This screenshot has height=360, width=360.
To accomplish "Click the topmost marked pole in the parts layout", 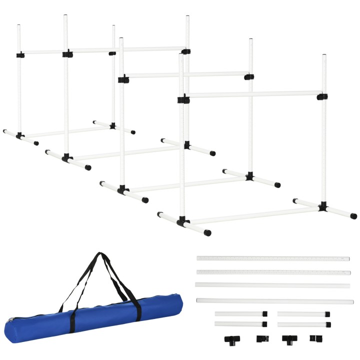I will tap(272, 258).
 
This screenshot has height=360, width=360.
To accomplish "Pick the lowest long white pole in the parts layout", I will tap(274, 301).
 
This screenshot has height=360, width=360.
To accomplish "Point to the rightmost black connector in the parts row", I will tap(314, 338).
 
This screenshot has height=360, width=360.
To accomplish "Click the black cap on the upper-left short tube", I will tap(264, 314).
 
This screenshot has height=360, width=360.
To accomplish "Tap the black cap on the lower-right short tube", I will tap(328, 324).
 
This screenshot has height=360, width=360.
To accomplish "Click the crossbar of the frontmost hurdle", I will tap(252, 94).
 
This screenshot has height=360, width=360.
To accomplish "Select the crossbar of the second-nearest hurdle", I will tap(185, 75).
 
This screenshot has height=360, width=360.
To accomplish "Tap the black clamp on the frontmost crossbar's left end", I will tap(183, 99).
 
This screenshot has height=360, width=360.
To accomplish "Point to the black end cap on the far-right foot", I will tap(353, 216).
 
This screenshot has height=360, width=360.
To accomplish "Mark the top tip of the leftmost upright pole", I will tap(19, 24).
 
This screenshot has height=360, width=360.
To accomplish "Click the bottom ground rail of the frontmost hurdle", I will tap(252, 215).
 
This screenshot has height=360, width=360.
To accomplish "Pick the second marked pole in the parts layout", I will tap(272, 272).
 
